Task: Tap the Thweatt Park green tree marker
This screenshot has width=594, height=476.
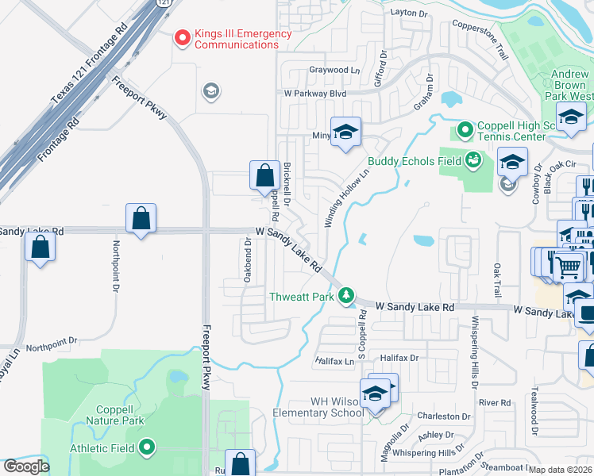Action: pyautogui.click(x=346, y=297)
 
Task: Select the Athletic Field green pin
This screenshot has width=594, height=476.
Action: pyautogui.click(x=146, y=448)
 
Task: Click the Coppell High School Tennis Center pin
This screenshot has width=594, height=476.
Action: pyautogui.click(x=465, y=129)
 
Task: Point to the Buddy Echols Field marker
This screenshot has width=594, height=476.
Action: pyautogui.click(x=473, y=161)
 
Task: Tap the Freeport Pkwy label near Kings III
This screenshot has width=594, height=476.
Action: pyautogui.click(x=139, y=98)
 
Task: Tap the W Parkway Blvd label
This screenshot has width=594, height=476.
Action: pyautogui.click(x=315, y=93)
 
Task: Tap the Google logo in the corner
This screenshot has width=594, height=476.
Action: pyautogui.click(x=26, y=466)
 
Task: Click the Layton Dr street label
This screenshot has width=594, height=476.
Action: pyautogui.click(x=410, y=13)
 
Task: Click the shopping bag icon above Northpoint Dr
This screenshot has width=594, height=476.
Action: pyautogui.click(x=141, y=219)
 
